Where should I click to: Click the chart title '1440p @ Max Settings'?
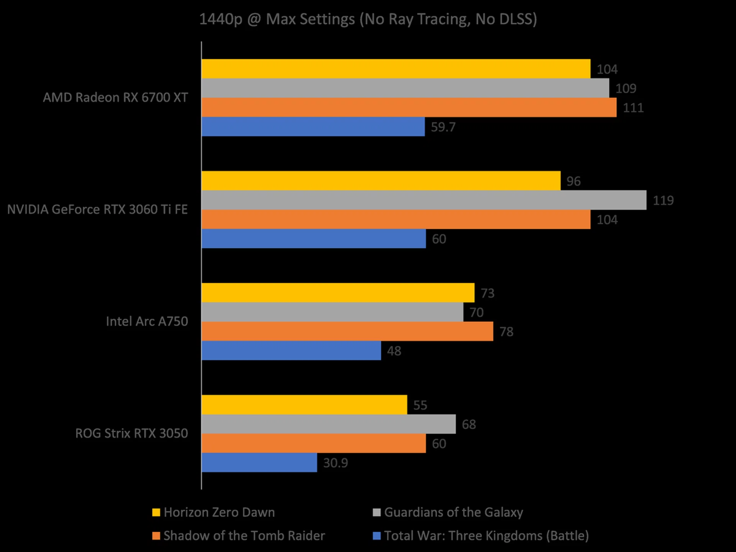(x=368, y=19)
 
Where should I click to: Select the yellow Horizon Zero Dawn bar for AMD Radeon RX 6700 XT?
(x=396, y=69)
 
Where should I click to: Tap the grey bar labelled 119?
(x=424, y=200)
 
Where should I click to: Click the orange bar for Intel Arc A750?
(x=347, y=331)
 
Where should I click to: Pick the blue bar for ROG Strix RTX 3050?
(x=259, y=462)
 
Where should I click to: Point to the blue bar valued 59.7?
(x=313, y=127)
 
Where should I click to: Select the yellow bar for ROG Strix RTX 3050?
(x=304, y=405)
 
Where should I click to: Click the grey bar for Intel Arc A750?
(x=332, y=312)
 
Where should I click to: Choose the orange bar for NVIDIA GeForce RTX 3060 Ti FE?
(x=396, y=219)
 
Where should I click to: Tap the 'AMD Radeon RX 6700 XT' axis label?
(x=115, y=97)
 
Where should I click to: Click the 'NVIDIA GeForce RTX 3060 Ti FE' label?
(x=97, y=209)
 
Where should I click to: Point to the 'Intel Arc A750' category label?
(x=147, y=321)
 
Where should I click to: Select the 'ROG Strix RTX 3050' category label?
(x=131, y=433)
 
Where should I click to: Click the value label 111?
(x=633, y=108)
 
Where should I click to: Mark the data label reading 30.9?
(x=335, y=463)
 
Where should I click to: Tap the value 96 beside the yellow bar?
(x=573, y=181)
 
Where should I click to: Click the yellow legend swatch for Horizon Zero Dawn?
(x=156, y=513)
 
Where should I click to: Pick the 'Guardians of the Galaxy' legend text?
(x=453, y=513)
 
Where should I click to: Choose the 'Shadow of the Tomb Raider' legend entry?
(x=244, y=536)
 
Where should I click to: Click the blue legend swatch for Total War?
(x=377, y=536)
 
